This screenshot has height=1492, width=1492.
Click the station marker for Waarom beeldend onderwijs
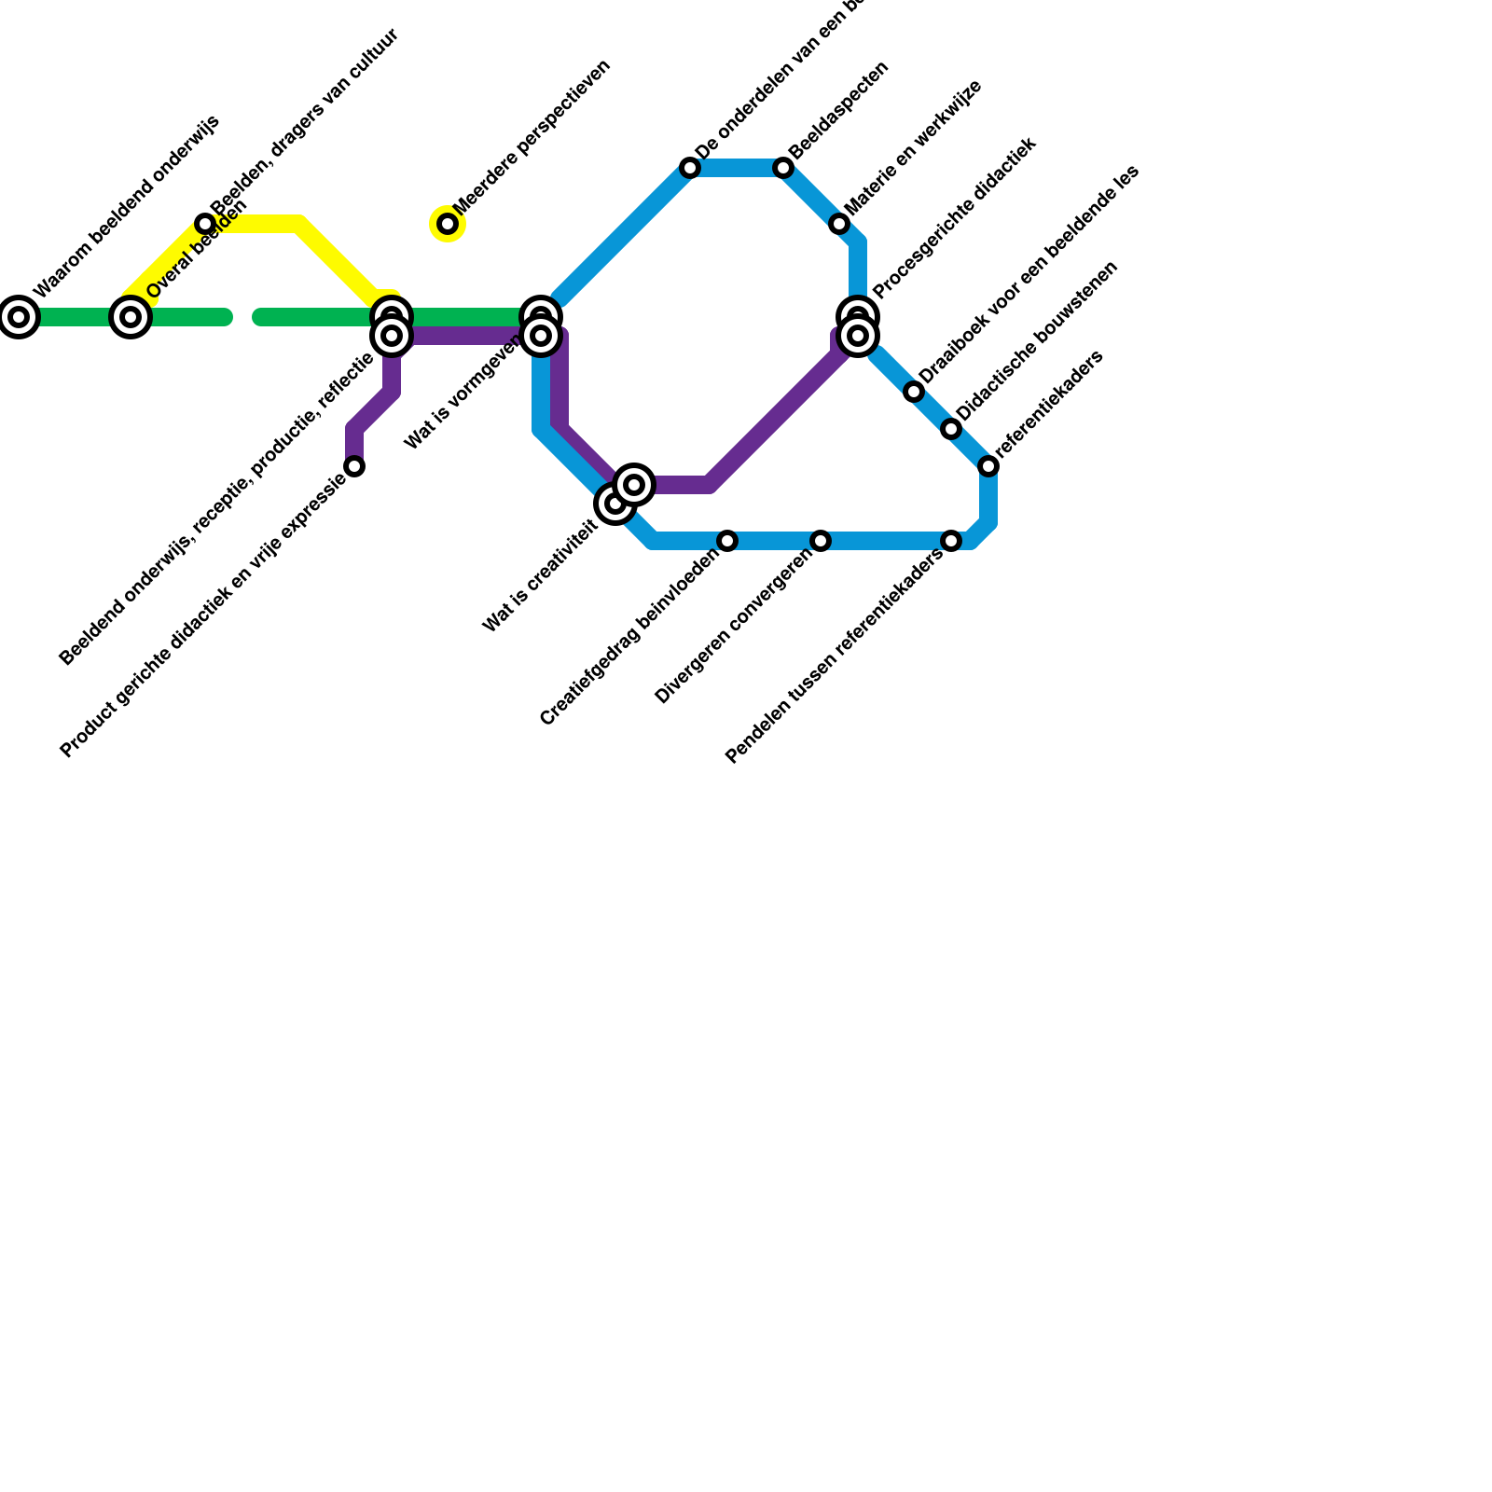(x=19, y=317)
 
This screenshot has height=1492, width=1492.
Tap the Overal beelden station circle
(x=131, y=317)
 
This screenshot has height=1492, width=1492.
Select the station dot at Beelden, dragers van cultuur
(x=205, y=224)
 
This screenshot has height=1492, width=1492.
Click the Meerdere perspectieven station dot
(x=448, y=224)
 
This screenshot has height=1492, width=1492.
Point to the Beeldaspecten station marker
(x=783, y=168)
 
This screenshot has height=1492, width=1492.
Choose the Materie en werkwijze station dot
(x=839, y=224)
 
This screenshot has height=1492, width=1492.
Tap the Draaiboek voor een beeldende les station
(x=914, y=392)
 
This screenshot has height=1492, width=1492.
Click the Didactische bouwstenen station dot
(x=951, y=429)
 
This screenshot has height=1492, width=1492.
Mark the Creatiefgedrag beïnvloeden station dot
(x=727, y=541)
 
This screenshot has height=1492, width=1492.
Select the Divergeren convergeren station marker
(x=821, y=541)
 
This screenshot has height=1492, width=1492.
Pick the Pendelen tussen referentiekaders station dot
(x=951, y=541)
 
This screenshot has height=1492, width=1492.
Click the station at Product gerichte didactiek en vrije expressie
(x=354, y=466)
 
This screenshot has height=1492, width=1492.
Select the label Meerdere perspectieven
(x=532, y=137)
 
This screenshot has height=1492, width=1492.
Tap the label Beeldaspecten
(x=838, y=110)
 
